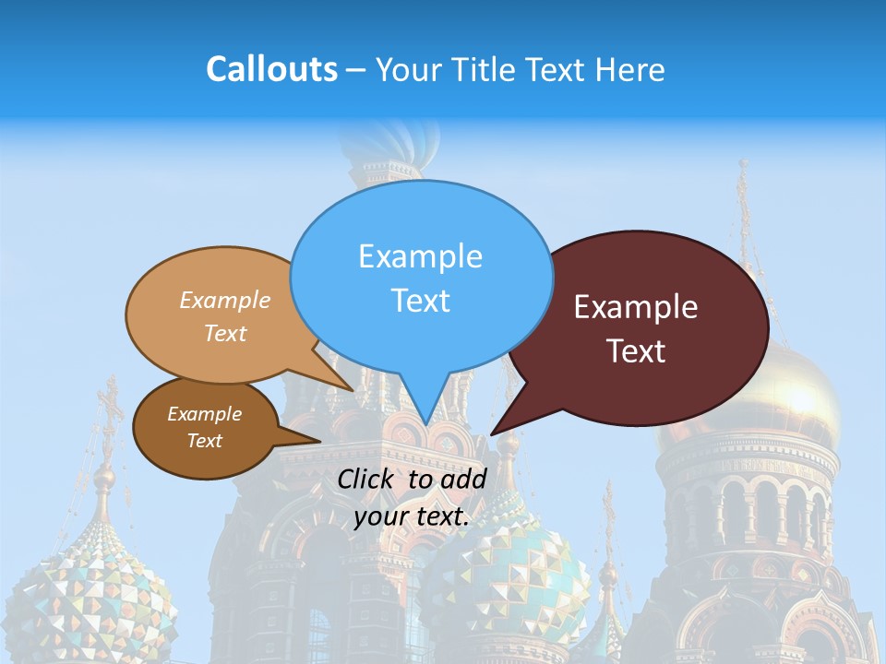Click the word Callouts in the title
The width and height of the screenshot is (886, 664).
[x=271, y=69]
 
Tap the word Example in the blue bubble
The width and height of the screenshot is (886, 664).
[x=420, y=256]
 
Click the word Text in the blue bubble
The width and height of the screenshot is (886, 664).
[x=420, y=301]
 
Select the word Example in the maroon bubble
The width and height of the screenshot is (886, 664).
[x=636, y=307]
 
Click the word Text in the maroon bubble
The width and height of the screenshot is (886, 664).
[x=636, y=351]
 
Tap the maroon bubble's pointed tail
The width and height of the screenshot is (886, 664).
[x=495, y=432]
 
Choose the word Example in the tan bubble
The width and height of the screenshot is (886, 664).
[x=225, y=301]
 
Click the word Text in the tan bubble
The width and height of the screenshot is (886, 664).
[x=225, y=333]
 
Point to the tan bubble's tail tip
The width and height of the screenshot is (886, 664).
[x=353, y=389]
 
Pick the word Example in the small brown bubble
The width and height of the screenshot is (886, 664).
[x=204, y=414]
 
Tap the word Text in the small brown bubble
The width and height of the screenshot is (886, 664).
[x=204, y=441]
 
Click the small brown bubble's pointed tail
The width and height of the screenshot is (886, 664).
[x=318, y=441]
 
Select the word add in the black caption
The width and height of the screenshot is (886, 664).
[x=463, y=479]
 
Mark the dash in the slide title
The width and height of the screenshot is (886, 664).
[x=356, y=70]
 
